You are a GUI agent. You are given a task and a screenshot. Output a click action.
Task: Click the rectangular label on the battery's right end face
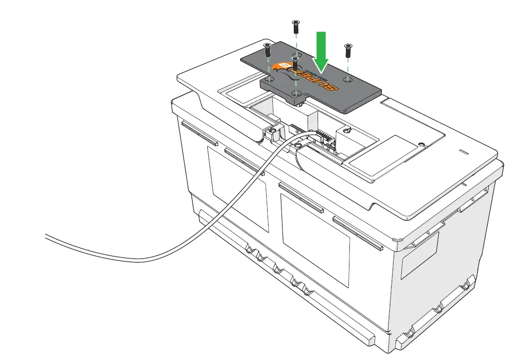pos(419,255)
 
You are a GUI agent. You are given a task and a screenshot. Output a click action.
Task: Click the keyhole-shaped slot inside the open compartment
pos(346,131)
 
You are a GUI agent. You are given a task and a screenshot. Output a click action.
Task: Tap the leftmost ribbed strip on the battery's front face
pos(199,135)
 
